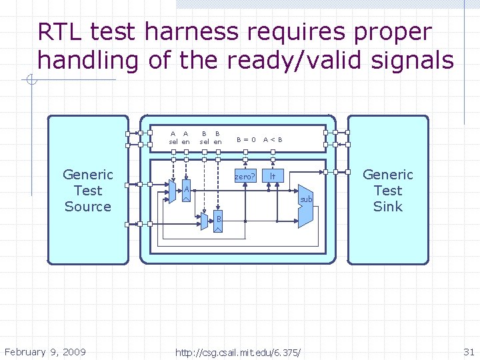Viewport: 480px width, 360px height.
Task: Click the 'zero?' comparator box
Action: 245,177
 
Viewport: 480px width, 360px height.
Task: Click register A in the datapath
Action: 187,191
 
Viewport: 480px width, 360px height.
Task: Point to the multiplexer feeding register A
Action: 173,192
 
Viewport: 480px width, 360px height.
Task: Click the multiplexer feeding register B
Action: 204,221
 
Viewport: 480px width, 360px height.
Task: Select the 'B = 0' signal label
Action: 245,140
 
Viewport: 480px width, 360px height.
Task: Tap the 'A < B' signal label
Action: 273,140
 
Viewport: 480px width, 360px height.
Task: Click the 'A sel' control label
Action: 173,137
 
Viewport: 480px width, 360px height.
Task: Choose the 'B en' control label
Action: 217,137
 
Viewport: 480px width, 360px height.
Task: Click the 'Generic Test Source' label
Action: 88,190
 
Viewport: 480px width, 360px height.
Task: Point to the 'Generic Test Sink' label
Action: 388,190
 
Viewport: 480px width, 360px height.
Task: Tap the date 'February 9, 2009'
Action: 45,351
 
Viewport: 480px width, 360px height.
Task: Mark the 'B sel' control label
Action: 205,137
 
